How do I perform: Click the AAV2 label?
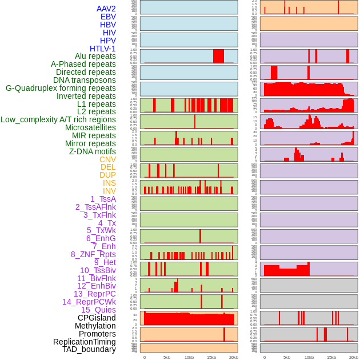pos(106,9)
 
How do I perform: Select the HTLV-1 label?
pos(102,49)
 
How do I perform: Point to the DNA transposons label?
pos(84,80)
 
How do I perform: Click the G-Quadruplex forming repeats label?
pos(61,88)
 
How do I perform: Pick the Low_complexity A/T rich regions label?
pos(58,119)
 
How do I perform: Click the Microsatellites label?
pos(90,127)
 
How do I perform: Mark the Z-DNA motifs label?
pos(92,151)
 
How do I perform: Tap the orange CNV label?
pos(107,159)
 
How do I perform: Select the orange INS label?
pos(109,183)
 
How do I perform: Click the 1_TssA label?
pos(103,199)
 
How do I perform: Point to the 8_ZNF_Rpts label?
pos(93,254)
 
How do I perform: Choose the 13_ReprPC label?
pos(94,294)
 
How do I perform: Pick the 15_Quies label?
pos(98,310)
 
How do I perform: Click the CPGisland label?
pos(97,318)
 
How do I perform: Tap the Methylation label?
pos(95,326)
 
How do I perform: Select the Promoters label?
pos(97,334)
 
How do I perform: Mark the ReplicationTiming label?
pos(84,342)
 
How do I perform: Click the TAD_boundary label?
pos(89,349)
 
